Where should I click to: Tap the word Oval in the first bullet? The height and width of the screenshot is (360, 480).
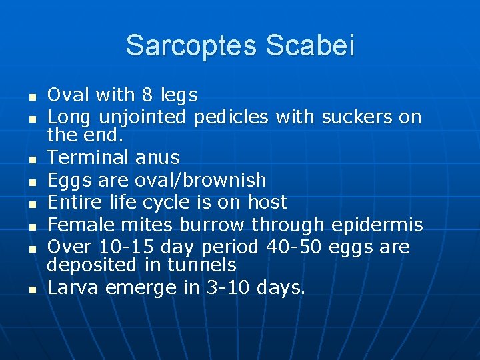point(71,95)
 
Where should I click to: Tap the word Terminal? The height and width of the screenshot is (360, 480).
point(88,157)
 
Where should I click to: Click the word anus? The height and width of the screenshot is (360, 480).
point(157,157)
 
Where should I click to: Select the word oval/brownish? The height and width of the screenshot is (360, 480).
point(209,180)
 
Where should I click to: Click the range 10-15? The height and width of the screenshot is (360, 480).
point(121,247)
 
